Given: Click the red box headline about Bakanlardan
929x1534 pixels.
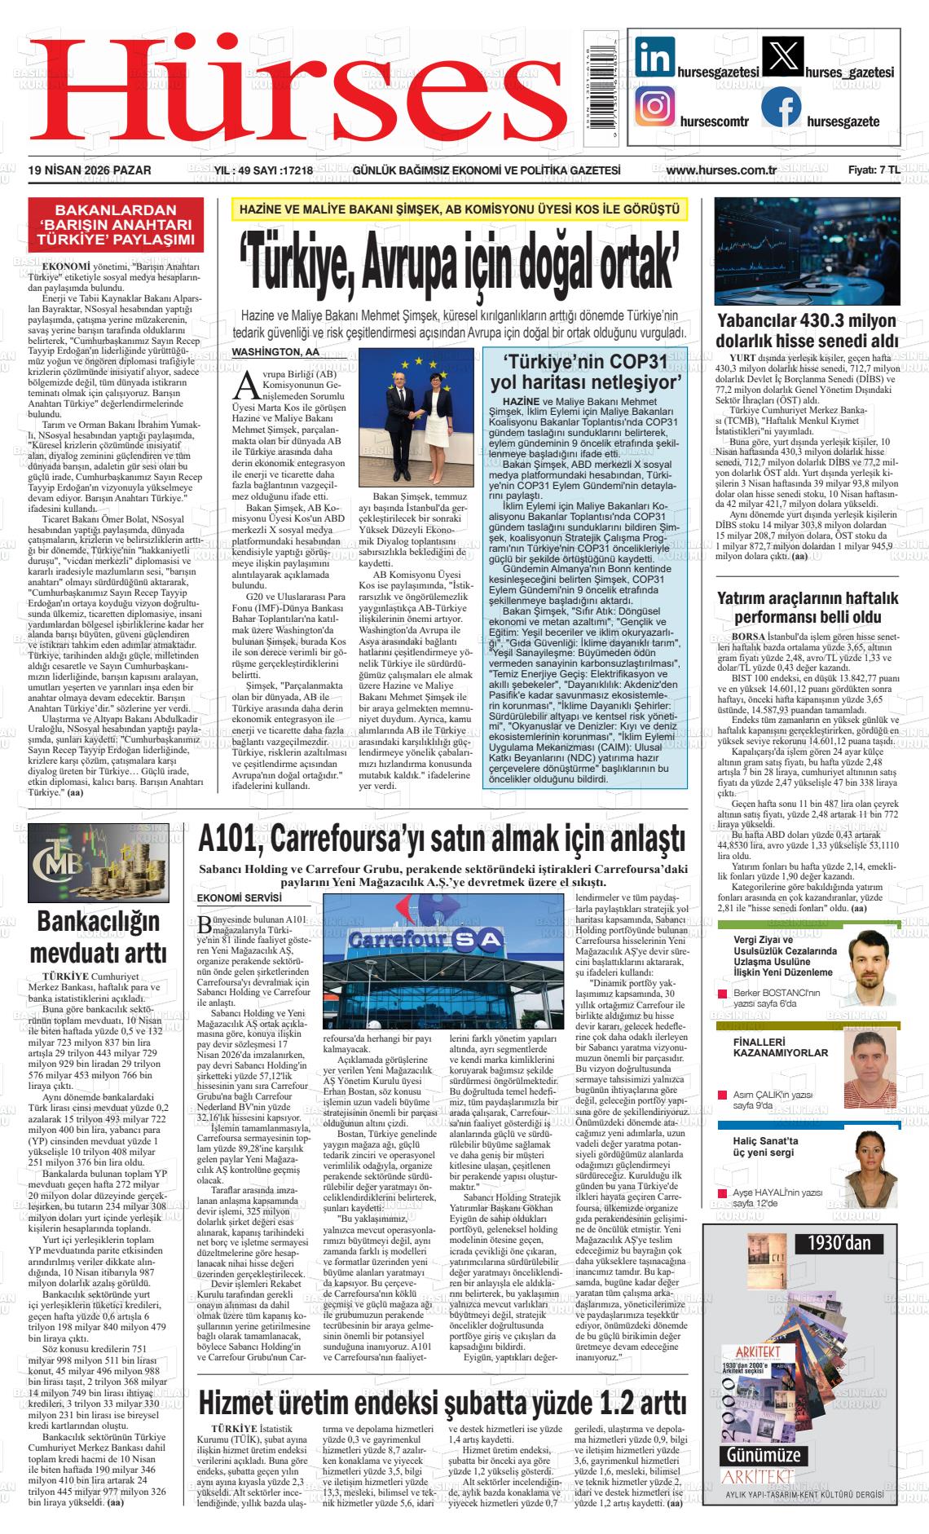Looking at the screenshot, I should click(114, 224).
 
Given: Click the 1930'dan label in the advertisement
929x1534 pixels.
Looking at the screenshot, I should click(839, 1242).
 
